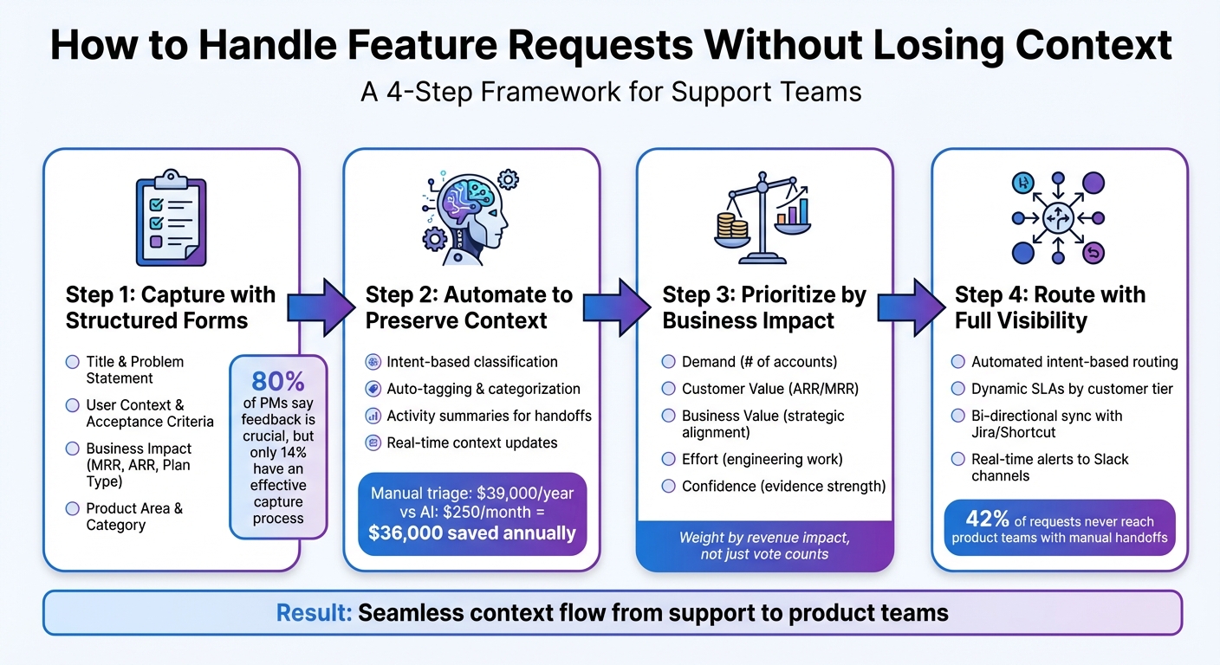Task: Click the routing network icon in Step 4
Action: click(x=1059, y=217)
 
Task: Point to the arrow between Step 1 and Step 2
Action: click(x=321, y=307)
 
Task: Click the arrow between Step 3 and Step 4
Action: click(x=910, y=307)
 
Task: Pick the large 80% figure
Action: click(x=278, y=381)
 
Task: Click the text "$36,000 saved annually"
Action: click(x=472, y=533)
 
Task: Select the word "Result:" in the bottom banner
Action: click(x=314, y=613)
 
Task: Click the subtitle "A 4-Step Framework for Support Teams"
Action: click(x=611, y=91)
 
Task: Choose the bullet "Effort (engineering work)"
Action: click(x=762, y=459)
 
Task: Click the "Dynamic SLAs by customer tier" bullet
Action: click(x=1072, y=389)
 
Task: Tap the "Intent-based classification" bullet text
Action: click(x=472, y=362)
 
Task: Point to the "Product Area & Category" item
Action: click(x=134, y=516)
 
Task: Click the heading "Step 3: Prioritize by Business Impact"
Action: click(x=764, y=307)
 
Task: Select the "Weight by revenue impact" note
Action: click(x=763, y=546)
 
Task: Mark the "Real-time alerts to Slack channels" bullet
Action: click(x=1049, y=468)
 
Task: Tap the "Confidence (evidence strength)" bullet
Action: click(x=783, y=486)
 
